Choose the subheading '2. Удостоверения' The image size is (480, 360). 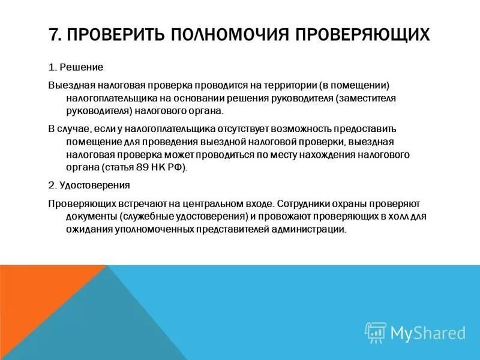[89, 185]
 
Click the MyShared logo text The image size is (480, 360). [428, 332]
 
